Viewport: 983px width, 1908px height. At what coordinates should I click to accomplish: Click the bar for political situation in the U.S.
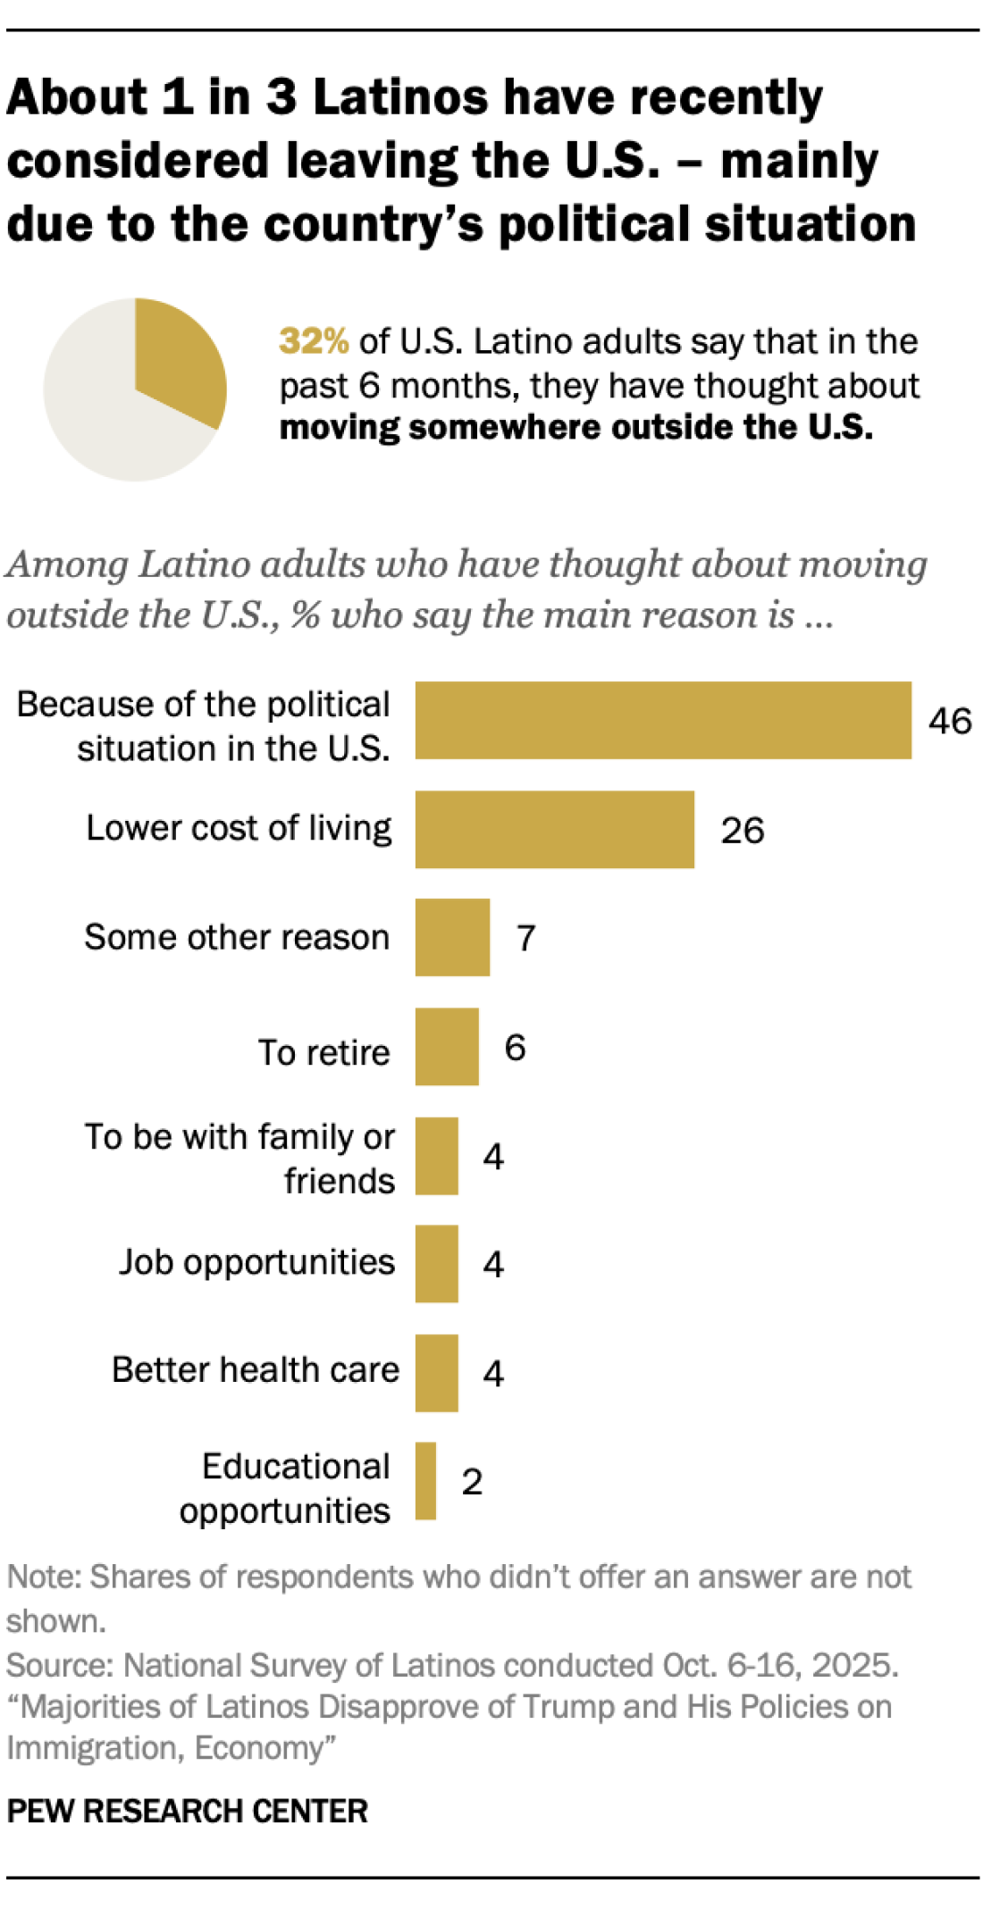662,720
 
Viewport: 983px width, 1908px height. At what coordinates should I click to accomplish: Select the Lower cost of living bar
554,829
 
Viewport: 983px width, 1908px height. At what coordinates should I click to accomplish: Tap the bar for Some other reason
452,937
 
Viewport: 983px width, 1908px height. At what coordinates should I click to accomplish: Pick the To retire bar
447,1047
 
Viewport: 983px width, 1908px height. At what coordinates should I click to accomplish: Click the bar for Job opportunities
436,1263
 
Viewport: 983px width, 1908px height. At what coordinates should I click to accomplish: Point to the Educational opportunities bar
425,1480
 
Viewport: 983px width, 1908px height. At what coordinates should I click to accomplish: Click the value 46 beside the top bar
949,721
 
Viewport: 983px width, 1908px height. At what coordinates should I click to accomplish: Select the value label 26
742,830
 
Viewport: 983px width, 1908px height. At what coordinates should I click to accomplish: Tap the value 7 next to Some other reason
525,938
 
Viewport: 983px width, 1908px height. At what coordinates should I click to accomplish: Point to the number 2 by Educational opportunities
472,1482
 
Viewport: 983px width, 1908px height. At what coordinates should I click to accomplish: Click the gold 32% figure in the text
313,341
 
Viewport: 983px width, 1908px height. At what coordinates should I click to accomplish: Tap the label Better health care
255,1369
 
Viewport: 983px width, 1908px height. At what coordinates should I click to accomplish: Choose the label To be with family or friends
239,1159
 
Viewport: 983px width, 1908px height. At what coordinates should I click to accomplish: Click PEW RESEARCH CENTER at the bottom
187,1811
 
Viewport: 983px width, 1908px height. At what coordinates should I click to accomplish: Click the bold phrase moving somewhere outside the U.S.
576,427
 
